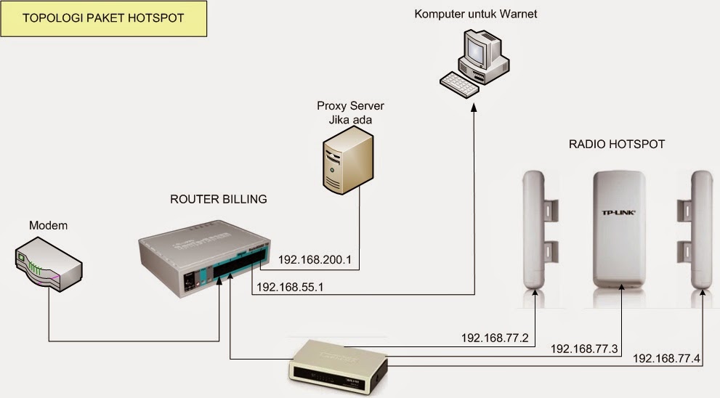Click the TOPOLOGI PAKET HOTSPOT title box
[x=104, y=18]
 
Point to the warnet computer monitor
[x=477, y=52]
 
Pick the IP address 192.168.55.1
[x=291, y=287]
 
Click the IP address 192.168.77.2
[x=495, y=338]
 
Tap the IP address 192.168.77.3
[x=584, y=349]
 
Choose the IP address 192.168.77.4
[x=666, y=359]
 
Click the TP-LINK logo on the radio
[x=620, y=212]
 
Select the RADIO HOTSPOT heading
[x=617, y=145]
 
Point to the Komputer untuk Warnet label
[x=476, y=14]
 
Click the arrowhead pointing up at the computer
[x=474, y=109]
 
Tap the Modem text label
[x=48, y=226]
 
